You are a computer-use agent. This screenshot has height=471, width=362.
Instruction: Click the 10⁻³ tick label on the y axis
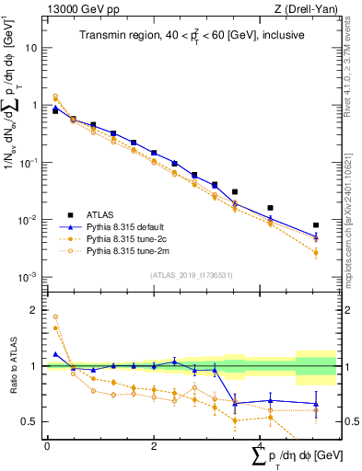[27, 277]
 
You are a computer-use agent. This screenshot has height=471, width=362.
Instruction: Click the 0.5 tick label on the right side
[352, 421]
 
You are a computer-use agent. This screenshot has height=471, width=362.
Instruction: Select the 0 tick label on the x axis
[47, 446]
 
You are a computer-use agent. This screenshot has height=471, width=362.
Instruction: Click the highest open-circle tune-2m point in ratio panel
[55, 316]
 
